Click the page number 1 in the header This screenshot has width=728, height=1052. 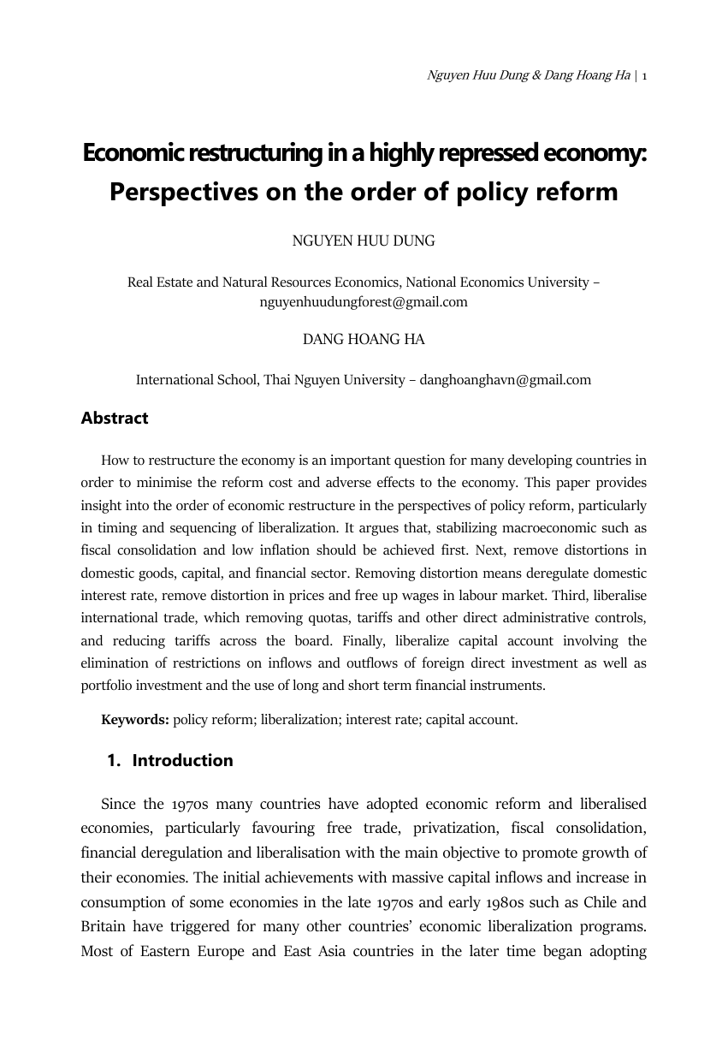tap(644, 76)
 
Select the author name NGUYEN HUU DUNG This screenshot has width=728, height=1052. tap(364, 241)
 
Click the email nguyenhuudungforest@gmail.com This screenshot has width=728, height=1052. tap(364, 301)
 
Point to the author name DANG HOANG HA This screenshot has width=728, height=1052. tap(364, 339)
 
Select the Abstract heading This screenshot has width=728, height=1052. tap(115, 419)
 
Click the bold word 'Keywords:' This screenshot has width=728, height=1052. tap(135, 719)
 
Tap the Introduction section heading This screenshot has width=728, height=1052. tap(182, 761)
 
